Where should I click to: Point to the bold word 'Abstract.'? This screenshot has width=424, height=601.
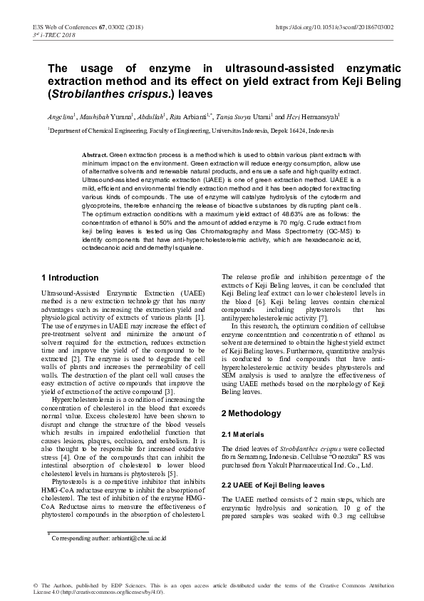(x=95, y=155)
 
